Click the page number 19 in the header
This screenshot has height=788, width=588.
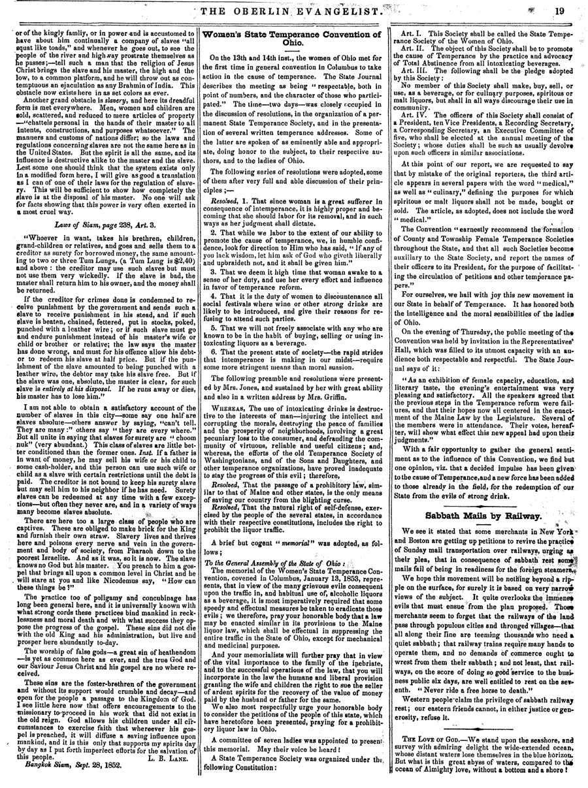coord(561,10)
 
